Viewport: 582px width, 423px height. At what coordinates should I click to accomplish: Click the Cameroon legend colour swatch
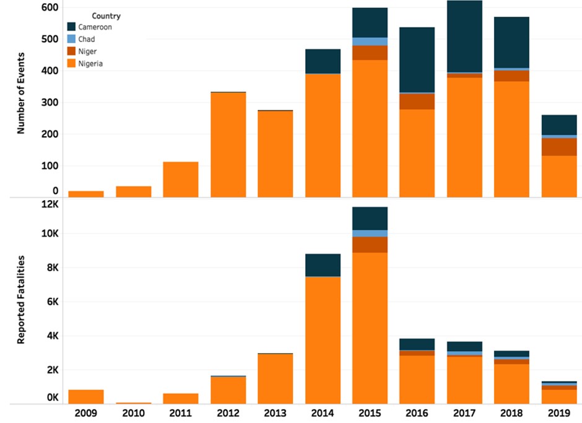(x=72, y=27)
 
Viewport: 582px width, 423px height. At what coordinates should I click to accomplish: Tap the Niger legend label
(x=87, y=51)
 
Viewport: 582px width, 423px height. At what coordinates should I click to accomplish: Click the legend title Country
(x=106, y=15)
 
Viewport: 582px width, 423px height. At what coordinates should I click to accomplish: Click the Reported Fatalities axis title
(x=20, y=299)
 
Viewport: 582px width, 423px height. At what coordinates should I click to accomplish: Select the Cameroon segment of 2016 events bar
(x=417, y=59)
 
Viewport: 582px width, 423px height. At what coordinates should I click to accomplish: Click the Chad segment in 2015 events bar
(x=370, y=41)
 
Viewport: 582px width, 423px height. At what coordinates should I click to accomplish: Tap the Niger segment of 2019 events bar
(x=559, y=147)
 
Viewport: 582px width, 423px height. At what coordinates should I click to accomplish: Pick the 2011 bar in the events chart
(x=180, y=180)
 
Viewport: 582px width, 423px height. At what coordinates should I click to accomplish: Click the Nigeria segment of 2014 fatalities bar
(x=323, y=340)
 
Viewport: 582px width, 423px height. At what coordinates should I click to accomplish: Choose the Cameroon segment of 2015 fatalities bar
(x=370, y=219)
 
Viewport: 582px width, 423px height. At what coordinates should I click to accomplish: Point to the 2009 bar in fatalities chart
(x=85, y=397)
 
